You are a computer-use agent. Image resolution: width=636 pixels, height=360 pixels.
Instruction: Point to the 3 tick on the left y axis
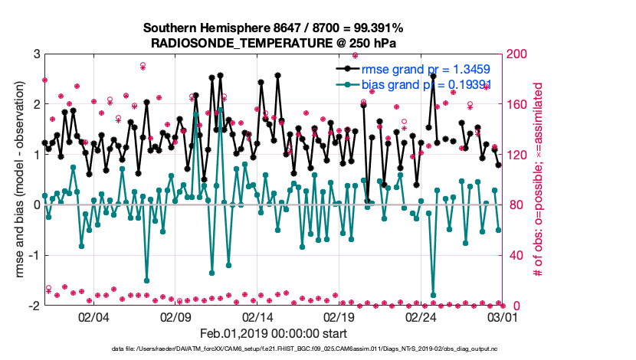tap(36, 54)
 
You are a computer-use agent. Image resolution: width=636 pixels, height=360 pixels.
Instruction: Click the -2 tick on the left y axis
tap(34, 306)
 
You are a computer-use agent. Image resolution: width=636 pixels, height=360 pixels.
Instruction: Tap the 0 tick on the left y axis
tap(36, 205)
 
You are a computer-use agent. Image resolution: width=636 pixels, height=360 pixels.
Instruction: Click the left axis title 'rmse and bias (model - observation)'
tap(18, 180)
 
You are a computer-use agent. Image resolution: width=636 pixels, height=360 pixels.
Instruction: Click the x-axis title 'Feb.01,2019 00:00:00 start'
tap(274, 334)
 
